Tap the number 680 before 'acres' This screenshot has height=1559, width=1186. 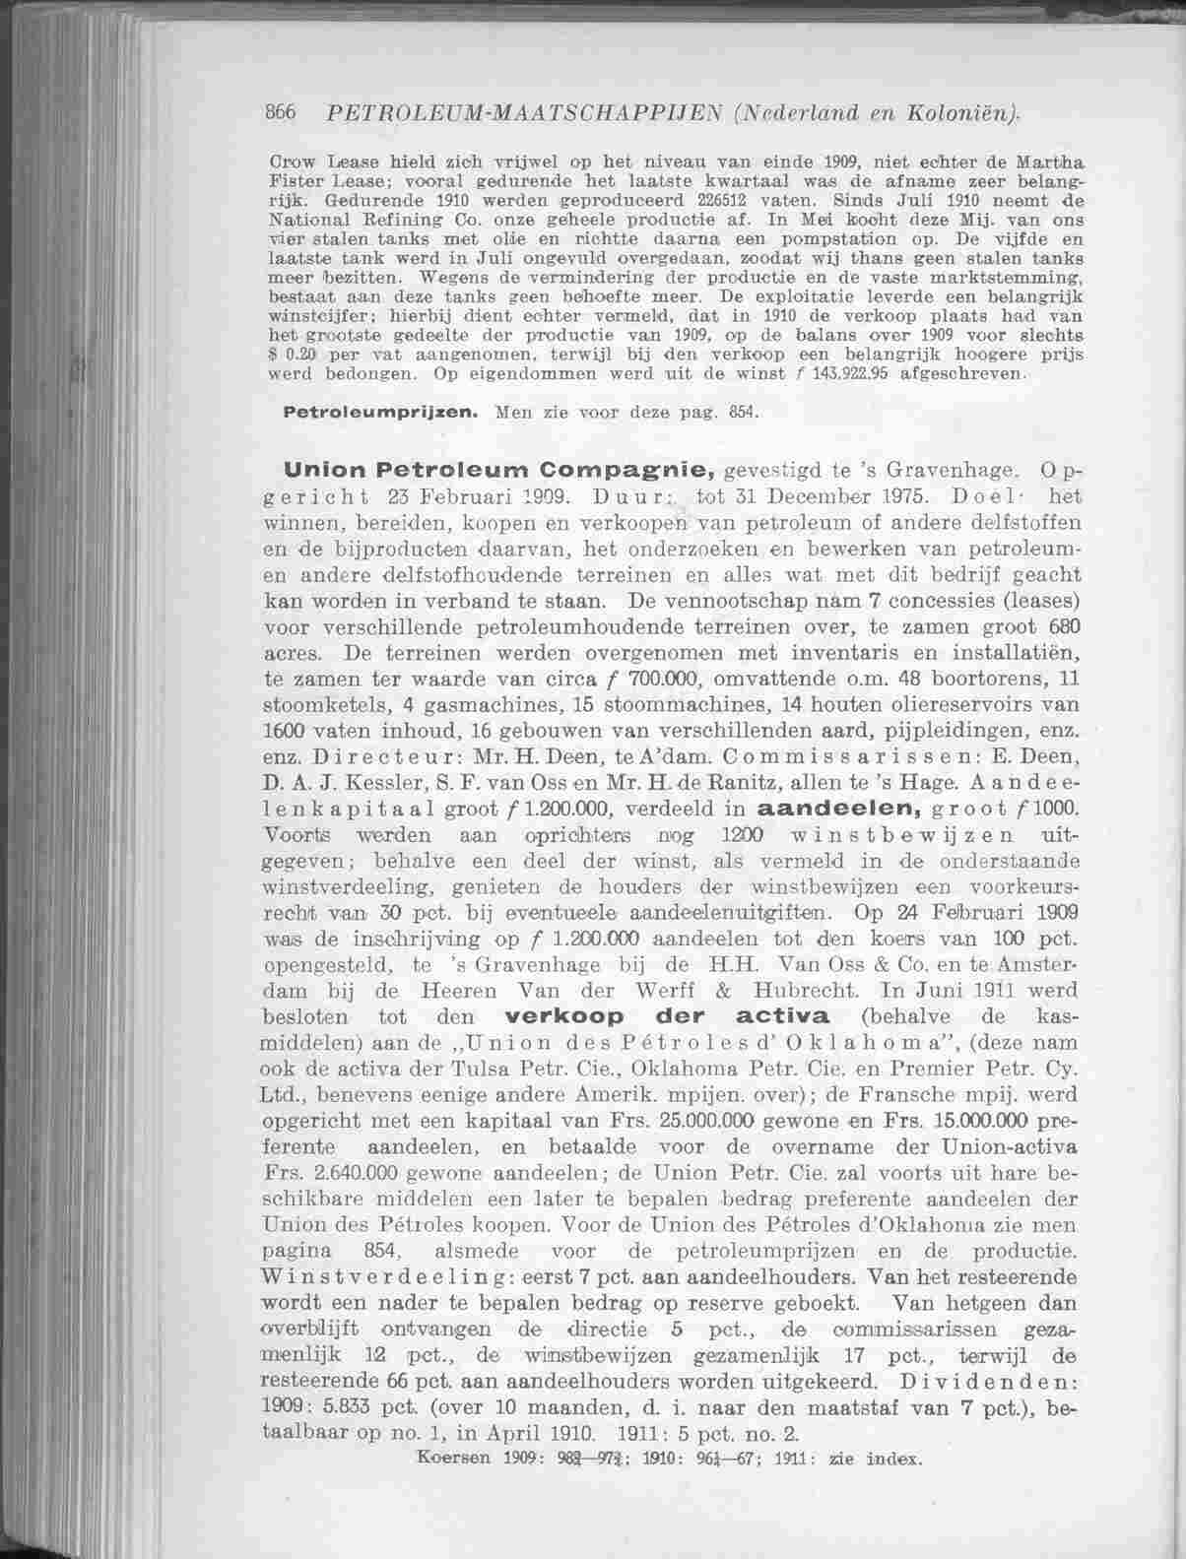[1057, 626]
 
